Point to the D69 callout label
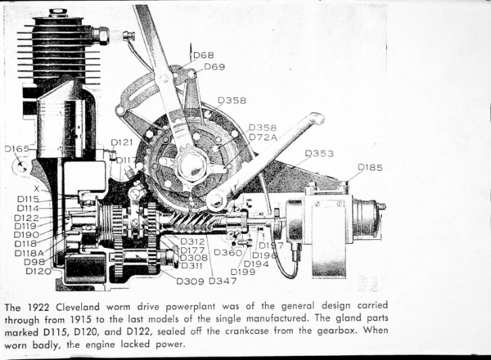point(214,66)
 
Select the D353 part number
point(319,153)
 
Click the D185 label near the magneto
point(370,168)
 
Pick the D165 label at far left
point(17,149)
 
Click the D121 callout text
point(121,142)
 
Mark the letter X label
point(36,188)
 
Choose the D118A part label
point(32,253)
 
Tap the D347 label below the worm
point(223,281)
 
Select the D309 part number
point(191,281)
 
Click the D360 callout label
point(227,253)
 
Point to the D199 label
point(242,272)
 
